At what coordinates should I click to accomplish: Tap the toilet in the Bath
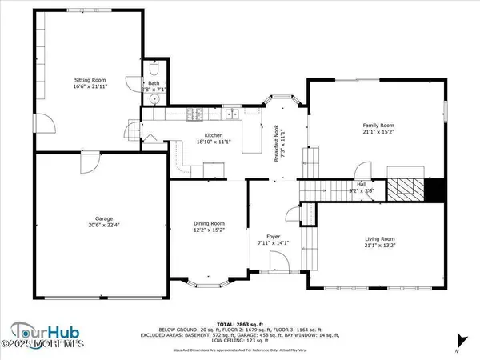coord(154,69)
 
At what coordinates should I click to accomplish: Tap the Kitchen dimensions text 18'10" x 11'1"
coord(213,142)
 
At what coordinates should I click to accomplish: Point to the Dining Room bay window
coord(212,282)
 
